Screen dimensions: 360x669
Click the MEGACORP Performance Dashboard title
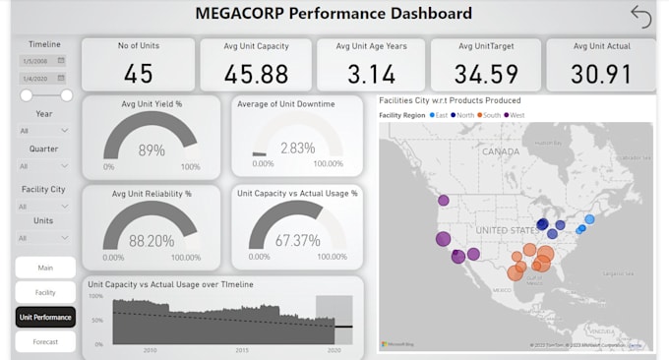point(334,14)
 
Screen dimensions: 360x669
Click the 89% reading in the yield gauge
point(151,150)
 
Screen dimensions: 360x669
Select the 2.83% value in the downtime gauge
point(297,149)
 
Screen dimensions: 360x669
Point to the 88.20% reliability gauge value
point(151,240)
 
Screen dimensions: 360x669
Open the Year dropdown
point(44,130)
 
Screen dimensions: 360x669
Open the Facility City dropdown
point(44,207)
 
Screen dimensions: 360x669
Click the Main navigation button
point(45,268)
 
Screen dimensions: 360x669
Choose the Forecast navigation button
point(45,342)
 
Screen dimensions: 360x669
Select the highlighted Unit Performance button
point(45,317)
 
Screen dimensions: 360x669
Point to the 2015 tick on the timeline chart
point(242,349)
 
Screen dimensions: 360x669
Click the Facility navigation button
point(45,292)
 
